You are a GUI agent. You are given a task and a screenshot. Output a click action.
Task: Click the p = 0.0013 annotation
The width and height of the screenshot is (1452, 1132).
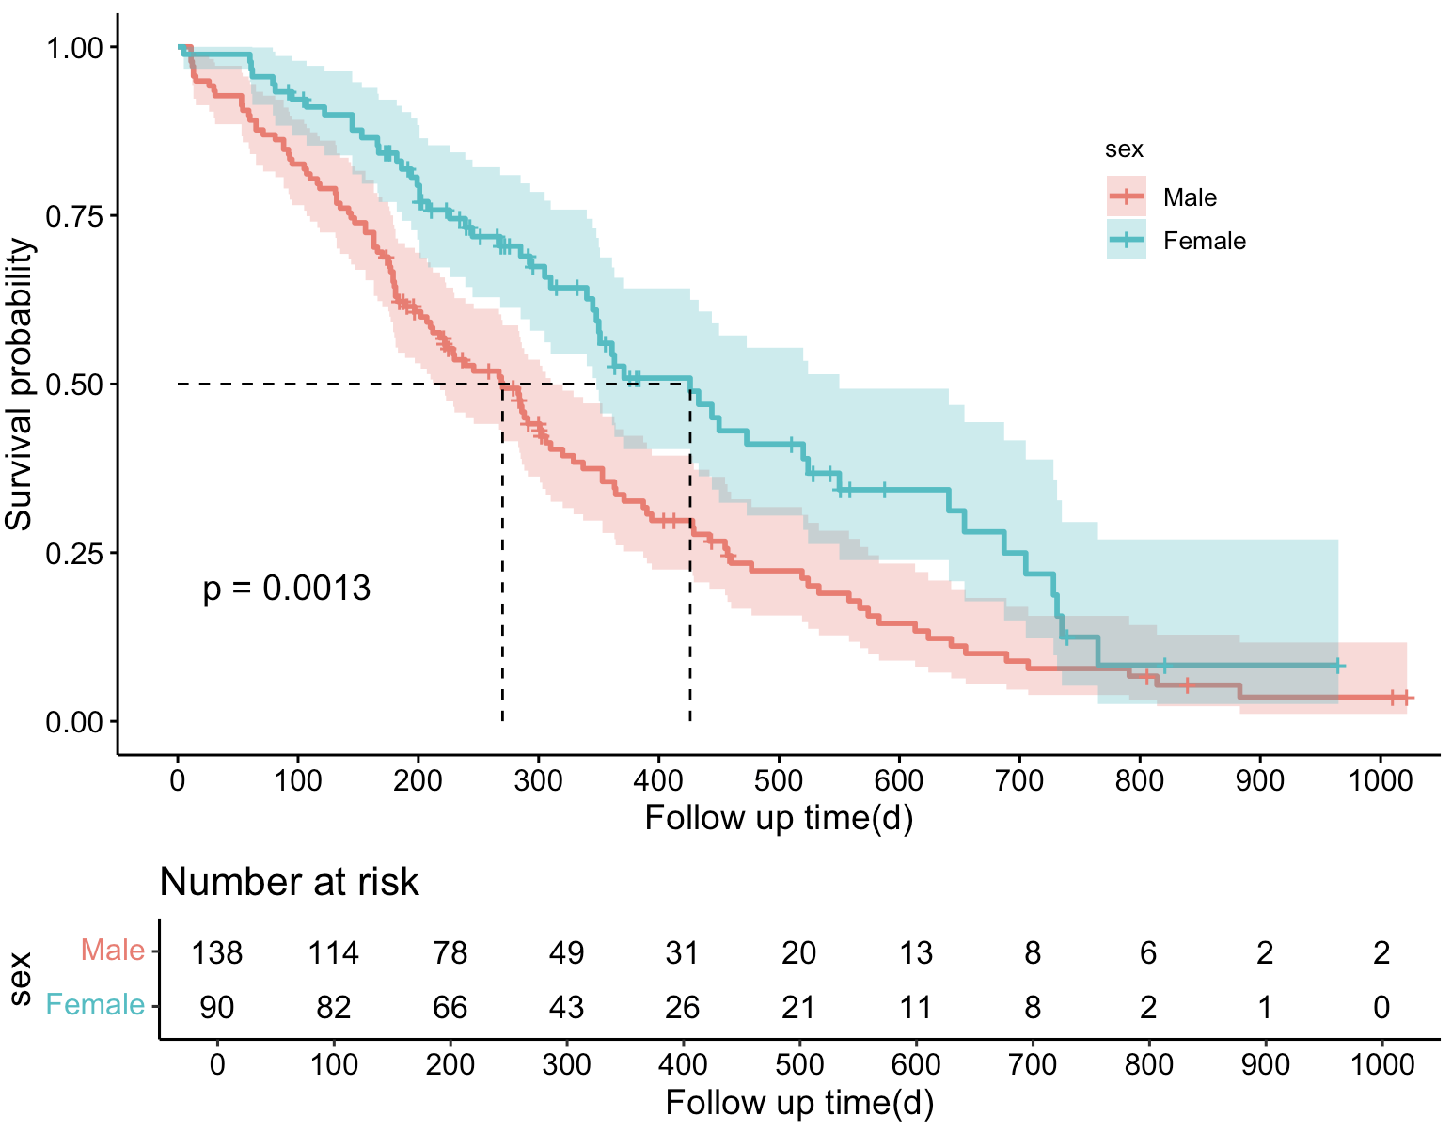click(287, 589)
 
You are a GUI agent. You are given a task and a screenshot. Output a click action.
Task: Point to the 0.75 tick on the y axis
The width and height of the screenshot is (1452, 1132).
click(75, 215)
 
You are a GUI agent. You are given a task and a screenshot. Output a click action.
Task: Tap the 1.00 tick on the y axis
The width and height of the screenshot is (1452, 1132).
click(75, 47)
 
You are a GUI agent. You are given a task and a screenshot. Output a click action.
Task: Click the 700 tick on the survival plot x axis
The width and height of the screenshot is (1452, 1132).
click(1019, 780)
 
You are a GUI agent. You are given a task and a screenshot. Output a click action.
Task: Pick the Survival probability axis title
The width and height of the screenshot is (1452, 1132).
click(21, 385)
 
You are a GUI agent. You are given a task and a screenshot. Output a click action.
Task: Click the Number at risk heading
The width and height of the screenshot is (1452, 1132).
click(289, 882)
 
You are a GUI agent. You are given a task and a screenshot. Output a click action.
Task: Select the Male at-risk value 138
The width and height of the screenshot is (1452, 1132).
click(217, 953)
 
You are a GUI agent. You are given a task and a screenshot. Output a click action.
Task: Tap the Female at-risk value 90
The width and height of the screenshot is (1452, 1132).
click(217, 1007)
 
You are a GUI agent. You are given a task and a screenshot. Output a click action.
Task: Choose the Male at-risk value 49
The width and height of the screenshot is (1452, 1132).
click(566, 953)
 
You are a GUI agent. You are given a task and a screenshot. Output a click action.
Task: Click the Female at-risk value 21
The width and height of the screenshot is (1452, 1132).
click(798, 1007)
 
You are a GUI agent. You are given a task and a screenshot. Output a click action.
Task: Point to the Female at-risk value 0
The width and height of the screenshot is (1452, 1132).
click(1381, 1007)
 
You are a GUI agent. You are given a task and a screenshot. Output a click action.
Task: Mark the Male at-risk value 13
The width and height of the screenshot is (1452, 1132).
click(915, 953)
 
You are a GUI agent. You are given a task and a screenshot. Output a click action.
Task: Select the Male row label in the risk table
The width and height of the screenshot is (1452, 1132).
click(113, 951)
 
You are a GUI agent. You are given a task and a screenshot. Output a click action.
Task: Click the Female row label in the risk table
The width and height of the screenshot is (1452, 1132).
click(95, 1005)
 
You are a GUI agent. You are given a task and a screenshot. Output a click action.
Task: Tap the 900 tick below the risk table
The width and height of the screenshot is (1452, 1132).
click(1265, 1064)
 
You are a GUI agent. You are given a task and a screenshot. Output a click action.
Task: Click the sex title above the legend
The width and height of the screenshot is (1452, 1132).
click(1124, 149)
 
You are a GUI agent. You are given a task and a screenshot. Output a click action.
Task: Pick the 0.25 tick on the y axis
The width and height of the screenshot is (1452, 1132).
click(75, 553)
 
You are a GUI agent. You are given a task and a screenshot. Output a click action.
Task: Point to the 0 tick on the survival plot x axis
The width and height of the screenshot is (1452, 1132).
click(178, 780)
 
